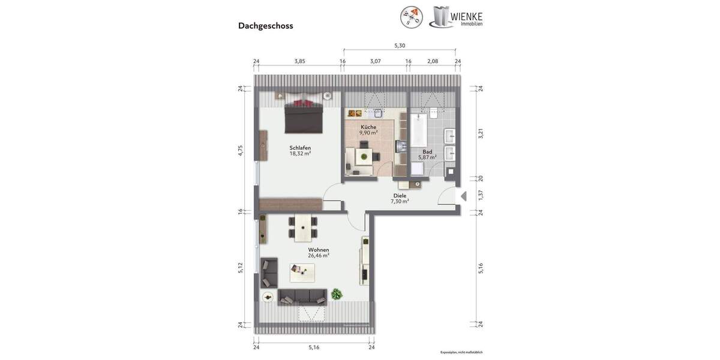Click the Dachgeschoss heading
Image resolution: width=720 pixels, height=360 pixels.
pyautogui.click(x=265, y=26)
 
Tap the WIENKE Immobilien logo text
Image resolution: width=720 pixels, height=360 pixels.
pyautogui.click(x=470, y=17)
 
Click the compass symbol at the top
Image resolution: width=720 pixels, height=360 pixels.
pyautogui.click(x=411, y=16)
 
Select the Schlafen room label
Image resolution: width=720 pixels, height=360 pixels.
pyautogui.click(x=300, y=148)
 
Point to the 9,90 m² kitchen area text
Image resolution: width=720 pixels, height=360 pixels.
pyautogui.click(x=368, y=133)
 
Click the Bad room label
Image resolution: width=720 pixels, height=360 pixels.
pyautogui.click(x=427, y=152)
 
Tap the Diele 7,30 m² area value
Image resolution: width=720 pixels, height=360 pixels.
pyautogui.click(x=400, y=202)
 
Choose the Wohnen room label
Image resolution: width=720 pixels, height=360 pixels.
pyautogui.click(x=318, y=250)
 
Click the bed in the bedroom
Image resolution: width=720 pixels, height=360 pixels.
pyautogui.click(x=304, y=116)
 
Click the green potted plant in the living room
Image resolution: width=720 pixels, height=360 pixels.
pyautogui.click(x=337, y=294)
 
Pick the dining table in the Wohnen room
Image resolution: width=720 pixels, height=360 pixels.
pyautogui.click(x=304, y=226)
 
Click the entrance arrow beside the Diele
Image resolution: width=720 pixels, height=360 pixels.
pyautogui.click(x=463, y=196)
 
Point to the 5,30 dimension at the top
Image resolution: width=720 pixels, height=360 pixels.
pyautogui.click(x=400, y=46)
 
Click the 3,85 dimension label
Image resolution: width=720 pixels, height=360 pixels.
pyautogui.click(x=299, y=61)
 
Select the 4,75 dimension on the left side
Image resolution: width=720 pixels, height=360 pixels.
pyautogui.click(x=241, y=150)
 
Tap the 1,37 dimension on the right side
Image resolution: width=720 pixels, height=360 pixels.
pyautogui.click(x=480, y=195)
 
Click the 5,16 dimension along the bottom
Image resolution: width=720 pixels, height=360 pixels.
pyautogui.click(x=314, y=347)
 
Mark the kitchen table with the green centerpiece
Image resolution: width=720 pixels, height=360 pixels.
pyautogui.click(x=363, y=158)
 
